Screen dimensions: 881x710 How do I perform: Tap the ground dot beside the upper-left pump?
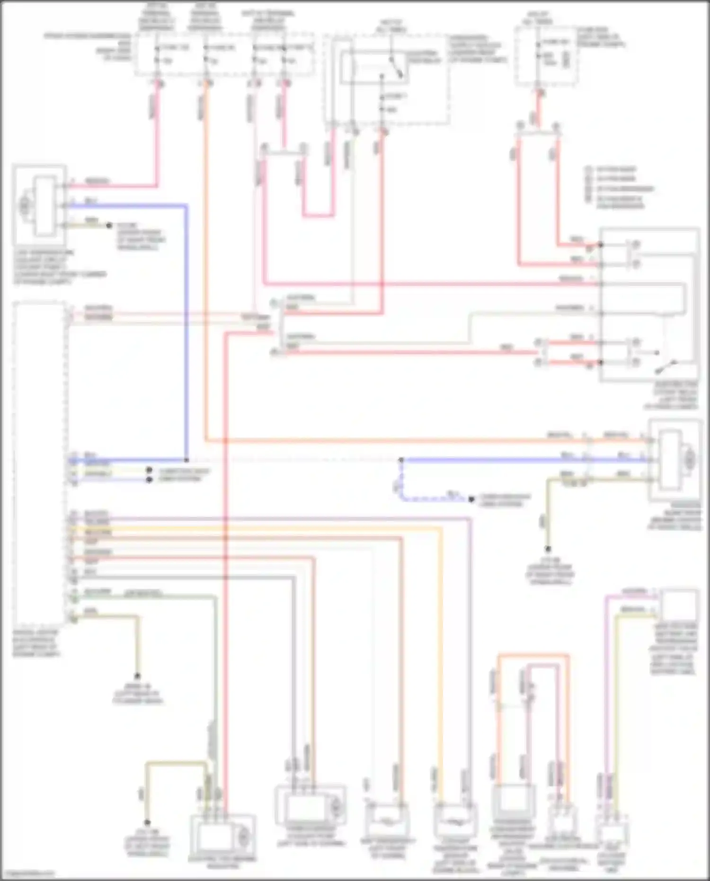coord(109,225)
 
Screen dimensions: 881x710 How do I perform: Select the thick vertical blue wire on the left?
coord(186,331)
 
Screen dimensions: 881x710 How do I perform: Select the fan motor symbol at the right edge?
coord(689,458)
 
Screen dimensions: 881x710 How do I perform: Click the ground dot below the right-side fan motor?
coord(548,549)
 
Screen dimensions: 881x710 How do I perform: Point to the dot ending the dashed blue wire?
coord(471,499)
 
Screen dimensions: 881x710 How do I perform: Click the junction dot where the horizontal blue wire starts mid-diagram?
coord(401,460)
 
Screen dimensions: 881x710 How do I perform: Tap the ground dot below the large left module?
coord(138,676)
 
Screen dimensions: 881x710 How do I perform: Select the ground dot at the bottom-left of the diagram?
coord(147,823)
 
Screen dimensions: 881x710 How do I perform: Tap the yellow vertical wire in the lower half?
coord(441,663)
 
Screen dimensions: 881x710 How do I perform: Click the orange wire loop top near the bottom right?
coord(532,656)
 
